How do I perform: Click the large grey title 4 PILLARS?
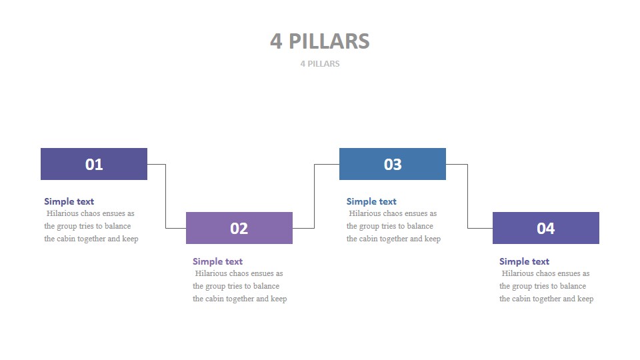pos(320,41)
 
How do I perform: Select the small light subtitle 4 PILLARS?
pos(320,64)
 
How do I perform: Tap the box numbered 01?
pos(94,164)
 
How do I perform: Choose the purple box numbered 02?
pos(239,228)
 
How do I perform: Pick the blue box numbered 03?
pos(393,164)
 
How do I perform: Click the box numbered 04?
pos(546,228)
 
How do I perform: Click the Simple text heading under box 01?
pos(69,201)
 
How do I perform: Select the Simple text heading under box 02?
pos(218,261)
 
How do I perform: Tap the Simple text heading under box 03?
pos(371,201)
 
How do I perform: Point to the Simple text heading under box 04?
pos(525,261)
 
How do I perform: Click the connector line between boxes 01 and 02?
pos(166,197)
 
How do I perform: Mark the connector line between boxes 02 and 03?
pos(315,197)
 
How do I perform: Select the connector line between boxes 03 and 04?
pos(468,197)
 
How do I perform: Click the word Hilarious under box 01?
pos(63,213)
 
